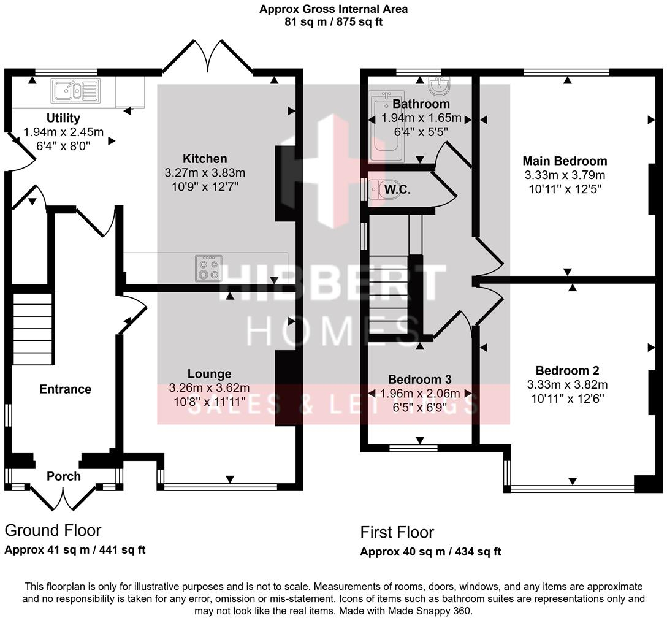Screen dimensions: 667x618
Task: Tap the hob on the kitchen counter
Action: pos(208,268)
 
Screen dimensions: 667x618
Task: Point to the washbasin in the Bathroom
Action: pos(440,85)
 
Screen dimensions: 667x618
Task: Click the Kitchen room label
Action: pos(205,159)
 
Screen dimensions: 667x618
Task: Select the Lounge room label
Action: pos(209,374)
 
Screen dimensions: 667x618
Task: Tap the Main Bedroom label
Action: pos(565,161)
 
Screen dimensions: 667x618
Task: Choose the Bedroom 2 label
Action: pos(567,370)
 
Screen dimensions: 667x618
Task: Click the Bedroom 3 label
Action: pos(420,380)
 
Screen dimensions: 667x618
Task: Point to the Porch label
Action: pos(64,476)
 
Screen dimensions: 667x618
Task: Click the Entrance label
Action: pos(65,389)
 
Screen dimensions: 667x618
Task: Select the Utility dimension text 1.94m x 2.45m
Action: pos(63,131)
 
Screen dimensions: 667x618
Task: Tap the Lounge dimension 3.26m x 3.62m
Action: pos(209,388)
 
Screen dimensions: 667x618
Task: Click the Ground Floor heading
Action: pos(53,530)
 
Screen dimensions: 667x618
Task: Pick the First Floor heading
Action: pos(397,532)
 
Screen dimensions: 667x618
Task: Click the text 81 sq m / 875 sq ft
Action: pos(333,21)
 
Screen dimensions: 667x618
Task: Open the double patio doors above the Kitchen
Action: pos(209,58)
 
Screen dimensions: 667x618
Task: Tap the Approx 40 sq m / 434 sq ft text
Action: pos(430,551)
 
